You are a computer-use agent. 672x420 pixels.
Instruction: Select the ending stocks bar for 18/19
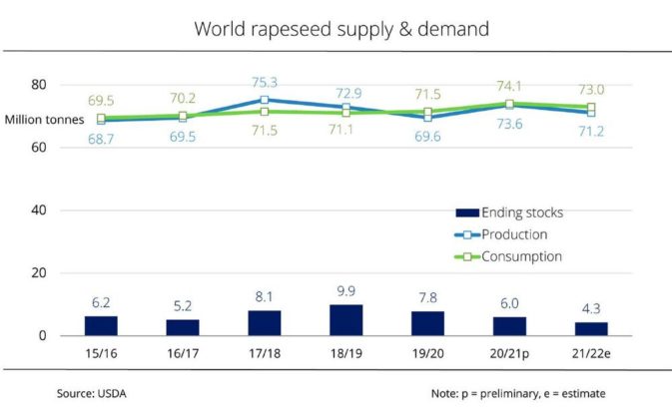click(x=346, y=320)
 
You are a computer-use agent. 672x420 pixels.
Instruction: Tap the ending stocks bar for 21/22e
click(x=591, y=328)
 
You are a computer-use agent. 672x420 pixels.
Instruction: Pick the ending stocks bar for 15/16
click(x=101, y=325)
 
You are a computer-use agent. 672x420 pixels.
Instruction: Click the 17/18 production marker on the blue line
click(x=265, y=100)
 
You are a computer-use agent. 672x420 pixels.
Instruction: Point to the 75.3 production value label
click(x=265, y=83)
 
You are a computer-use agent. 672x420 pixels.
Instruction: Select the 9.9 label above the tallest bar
click(x=345, y=290)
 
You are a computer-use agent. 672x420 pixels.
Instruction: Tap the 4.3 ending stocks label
click(x=591, y=308)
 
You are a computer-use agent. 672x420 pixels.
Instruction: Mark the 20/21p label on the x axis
click(x=509, y=351)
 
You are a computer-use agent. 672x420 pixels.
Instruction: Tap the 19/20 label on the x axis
click(x=427, y=351)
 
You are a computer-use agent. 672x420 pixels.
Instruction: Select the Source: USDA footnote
click(x=91, y=393)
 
